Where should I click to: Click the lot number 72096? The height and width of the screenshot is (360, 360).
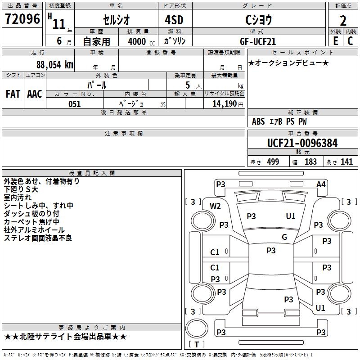pyautogui.click(x=22, y=19)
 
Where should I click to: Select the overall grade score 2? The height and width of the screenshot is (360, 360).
pyautogui.click(x=343, y=21)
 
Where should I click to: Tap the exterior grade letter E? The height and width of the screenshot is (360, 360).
pyautogui.click(x=336, y=41)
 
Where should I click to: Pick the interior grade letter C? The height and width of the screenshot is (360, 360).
pyautogui.click(x=350, y=41)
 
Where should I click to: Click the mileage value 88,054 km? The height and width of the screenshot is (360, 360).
pyautogui.click(x=55, y=65)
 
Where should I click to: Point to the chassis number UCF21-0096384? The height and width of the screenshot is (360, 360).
pyautogui.click(x=302, y=143)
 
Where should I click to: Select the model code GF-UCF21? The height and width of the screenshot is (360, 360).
pyautogui.click(x=257, y=41)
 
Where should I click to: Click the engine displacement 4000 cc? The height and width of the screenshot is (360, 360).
pyautogui.click(x=141, y=42)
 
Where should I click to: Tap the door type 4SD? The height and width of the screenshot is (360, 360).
pyautogui.click(x=174, y=20)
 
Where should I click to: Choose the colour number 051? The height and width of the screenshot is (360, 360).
pyautogui.click(x=75, y=104)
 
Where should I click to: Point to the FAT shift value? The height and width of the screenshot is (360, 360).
pyautogui.click(x=13, y=94)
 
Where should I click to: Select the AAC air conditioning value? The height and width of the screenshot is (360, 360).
pyautogui.click(x=35, y=94)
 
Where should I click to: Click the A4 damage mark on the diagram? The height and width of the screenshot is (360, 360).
pyautogui.click(x=321, y=184)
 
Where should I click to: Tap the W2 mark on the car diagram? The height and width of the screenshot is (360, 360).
pyautogui.click(x=215, y=206)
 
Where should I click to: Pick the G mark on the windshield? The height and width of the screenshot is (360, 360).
pyautogui.click(x=284, y=237)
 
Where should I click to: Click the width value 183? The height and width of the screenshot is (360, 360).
pyautogui.click(x=310, y=162)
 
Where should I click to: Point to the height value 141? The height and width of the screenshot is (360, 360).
pyautogui.click(x=346, y=162)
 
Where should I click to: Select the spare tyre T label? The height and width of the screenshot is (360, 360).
pyautogui.click(x=197, y=344)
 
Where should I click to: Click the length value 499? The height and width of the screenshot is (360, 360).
pyautogui.click(x=273, y=162)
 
